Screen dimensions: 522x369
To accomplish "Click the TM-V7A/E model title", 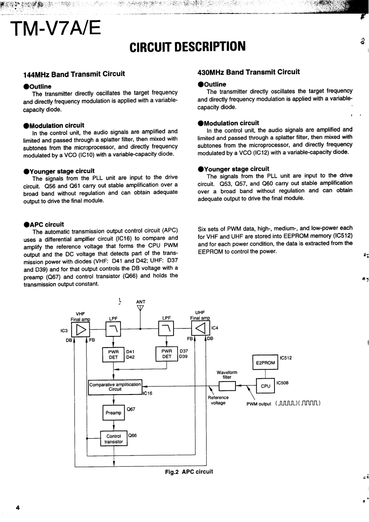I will coord(56,30).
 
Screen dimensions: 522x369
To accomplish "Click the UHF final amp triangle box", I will coord(201,329).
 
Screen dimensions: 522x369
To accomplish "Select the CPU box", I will coord(266,386).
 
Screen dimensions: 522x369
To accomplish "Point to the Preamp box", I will coord(113,413).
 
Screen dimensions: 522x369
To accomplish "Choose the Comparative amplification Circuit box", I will coord(115,387).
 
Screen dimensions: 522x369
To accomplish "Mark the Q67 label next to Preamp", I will coord(131,409).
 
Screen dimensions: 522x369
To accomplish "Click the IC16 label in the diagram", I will coord(147,394).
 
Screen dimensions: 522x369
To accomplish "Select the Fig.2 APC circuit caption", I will coord(189,472).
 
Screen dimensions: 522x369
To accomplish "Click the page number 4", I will coord(17,508).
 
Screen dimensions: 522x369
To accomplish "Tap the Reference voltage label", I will coord(218,400).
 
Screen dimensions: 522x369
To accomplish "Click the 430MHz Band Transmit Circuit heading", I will coord(248,72).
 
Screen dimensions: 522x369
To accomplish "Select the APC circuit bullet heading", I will coord(44,224).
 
